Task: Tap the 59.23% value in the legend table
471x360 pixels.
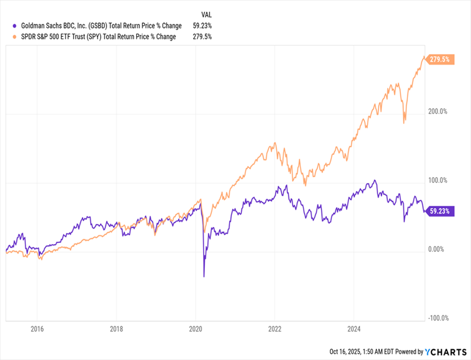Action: click(200, 25)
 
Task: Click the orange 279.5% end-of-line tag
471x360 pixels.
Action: click(439, 59)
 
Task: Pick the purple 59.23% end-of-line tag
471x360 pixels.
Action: click(439, 211)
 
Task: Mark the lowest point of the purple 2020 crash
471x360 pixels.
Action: click(204, 276)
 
